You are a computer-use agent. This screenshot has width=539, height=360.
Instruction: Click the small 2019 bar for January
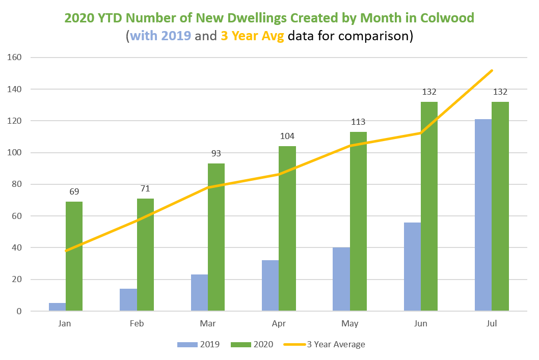[58, 307]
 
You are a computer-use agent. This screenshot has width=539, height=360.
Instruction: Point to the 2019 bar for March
[199, 292]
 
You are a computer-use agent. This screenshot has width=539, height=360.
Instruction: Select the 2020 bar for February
[145, 255]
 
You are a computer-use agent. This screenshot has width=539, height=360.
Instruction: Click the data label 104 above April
[287, 136]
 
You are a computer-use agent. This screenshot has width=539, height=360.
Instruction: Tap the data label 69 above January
[74, 192]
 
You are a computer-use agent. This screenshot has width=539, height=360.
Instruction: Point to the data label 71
[145, 189]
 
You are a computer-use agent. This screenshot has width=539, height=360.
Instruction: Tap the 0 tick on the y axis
[18, 311]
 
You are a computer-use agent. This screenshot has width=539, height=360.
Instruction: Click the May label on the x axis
[350, 324]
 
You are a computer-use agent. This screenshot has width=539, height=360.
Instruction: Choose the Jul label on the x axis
[492, 324]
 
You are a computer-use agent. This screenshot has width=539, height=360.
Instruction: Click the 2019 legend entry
[199, 344]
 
